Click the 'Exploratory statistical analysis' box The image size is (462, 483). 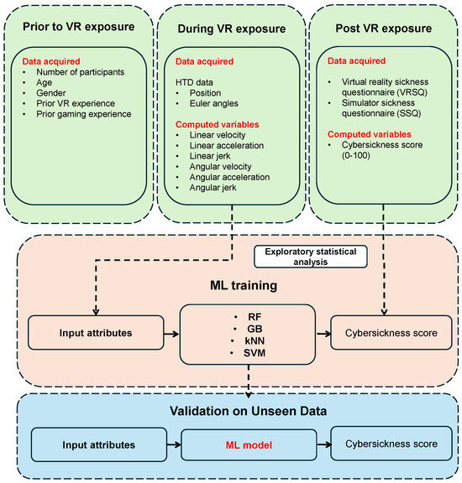pyautogui.click(x=312, y=257)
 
